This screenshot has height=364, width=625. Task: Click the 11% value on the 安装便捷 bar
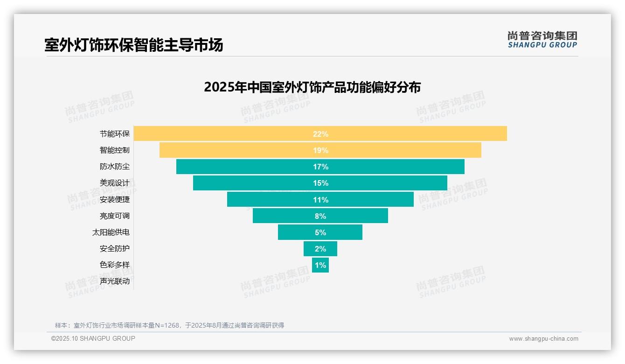pos(320,200)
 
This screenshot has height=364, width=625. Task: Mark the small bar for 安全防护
pos(320,249)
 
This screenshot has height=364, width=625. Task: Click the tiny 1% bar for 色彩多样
pos(320,265)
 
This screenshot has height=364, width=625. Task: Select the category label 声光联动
pos(115,281)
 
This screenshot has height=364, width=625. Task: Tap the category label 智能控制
pos(115,150)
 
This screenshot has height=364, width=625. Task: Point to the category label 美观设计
pos(115,183)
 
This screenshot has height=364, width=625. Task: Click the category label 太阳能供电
pos(111,232)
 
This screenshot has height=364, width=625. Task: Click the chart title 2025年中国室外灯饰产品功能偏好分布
pos(312,87)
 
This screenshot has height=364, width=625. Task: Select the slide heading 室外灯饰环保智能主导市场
pos(134,45)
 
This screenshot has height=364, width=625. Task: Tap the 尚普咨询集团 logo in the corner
pos(542,40)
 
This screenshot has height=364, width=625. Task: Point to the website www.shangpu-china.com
pos(543,339)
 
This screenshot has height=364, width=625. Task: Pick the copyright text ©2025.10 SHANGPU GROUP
pos(93,338)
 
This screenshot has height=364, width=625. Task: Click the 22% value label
pos(320,134)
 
